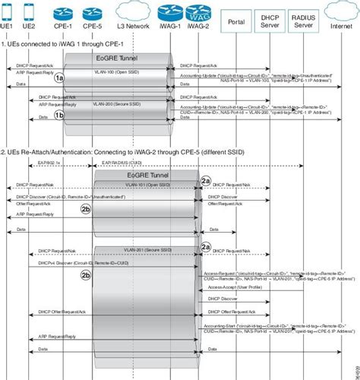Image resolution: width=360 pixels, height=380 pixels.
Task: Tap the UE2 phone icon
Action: pos(28,11)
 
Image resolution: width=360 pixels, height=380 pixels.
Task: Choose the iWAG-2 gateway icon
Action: pos(196,11)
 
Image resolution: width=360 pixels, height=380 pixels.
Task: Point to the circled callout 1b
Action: pos(59,116)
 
